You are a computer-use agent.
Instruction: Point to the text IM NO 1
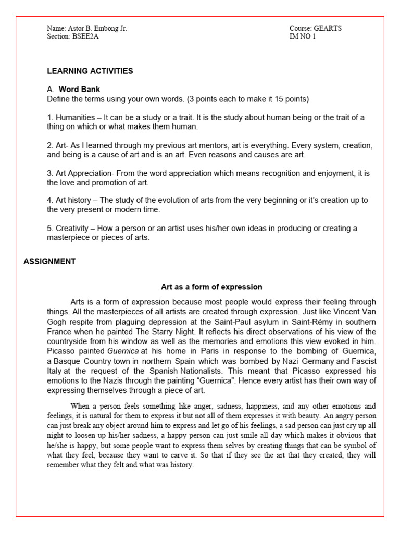point(303,36)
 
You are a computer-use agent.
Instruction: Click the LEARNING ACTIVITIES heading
point(90,71)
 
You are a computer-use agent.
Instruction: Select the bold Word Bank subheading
point(79,90)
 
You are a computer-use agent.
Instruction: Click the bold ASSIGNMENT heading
point(49,262)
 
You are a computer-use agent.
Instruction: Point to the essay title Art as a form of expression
point(211,287)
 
